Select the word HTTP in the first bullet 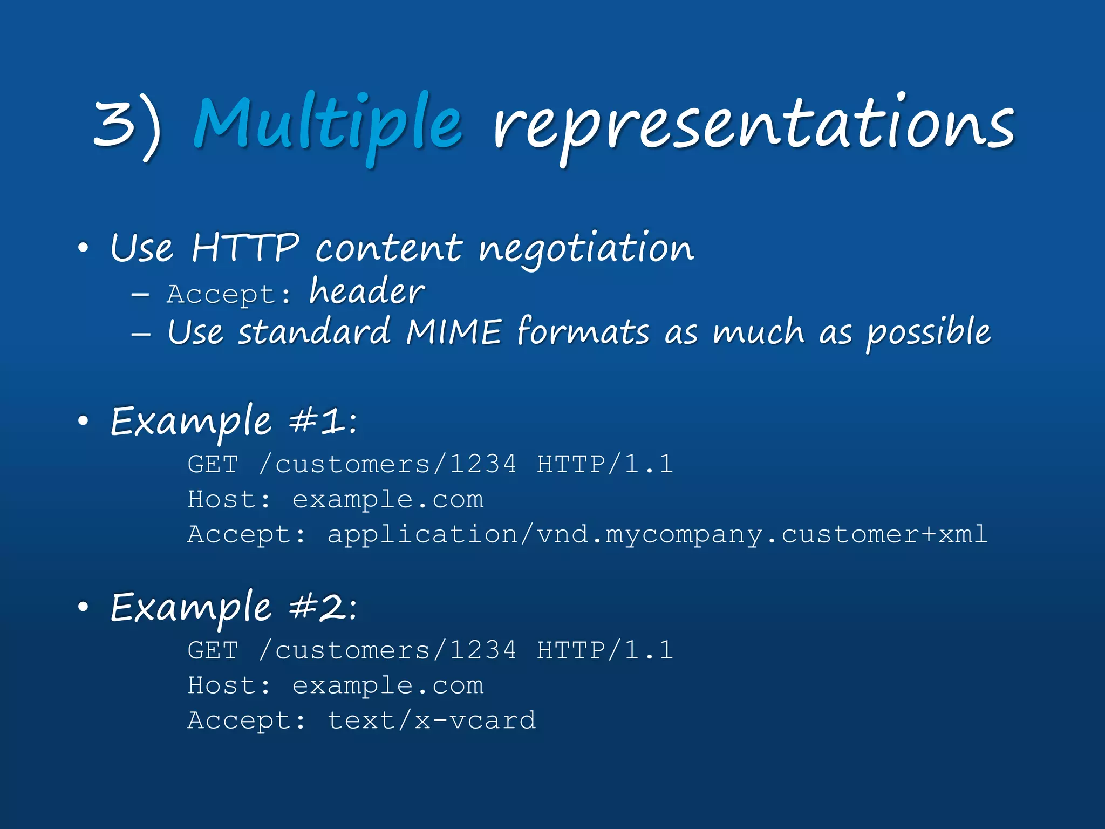click(x=245, y=248)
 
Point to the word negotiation click(x=586, y=248)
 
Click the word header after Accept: click(x=367, y=292)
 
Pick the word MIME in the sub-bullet click(x=454, y=331)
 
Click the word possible click(x=928, y=331)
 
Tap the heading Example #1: click(x=233, y=422)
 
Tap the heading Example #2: click(x=233, y=608)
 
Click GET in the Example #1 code click(x=213, y=464)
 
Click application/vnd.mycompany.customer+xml click(x=657, y=534)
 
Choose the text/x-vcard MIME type click(x=432, y=721)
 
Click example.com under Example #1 click(x=387, y=499)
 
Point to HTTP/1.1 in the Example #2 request click(x=605, y=650)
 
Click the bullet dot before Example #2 click(x=83, y=608)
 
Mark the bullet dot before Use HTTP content click(x=83, y=248)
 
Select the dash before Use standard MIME click(x=141, y=334)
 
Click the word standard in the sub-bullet click(x=315, y=331)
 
